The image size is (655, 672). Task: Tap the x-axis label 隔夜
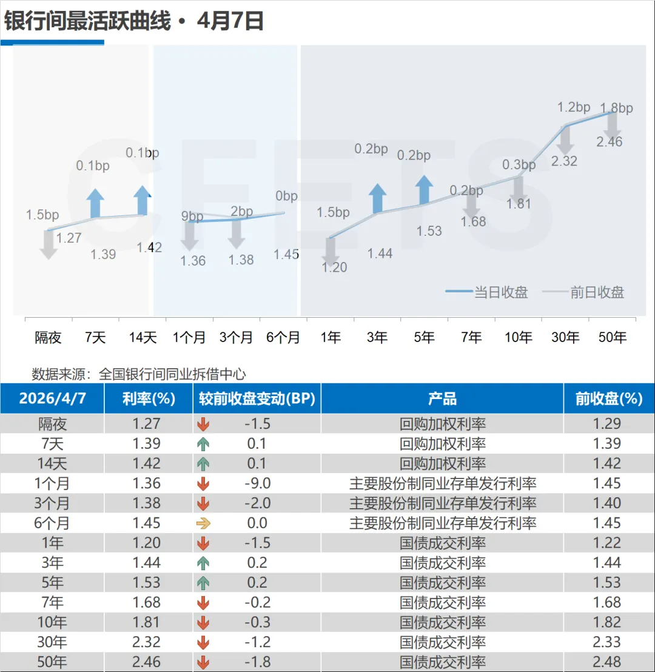pos(48,337)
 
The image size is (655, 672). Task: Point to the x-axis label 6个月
pos(283,337)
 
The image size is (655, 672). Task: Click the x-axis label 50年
pos(613,337)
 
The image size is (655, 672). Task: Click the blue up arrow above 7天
pos(95,203)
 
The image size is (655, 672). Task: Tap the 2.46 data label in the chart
pos(610,142)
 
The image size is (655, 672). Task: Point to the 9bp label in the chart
pos(192,217)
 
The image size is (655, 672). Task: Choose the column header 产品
pos(442,398)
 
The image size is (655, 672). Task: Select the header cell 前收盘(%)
pos(608,398)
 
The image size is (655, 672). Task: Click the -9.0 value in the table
pos(257,483)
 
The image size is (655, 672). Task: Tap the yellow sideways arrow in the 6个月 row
pos(203,523)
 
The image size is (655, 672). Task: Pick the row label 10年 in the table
pos(52,622)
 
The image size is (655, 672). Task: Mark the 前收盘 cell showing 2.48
pos(608,662)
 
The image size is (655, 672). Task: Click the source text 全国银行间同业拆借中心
pos(172,374)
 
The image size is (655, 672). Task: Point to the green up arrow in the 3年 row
pos(203,563)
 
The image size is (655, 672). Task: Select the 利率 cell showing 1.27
pos(147,424)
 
